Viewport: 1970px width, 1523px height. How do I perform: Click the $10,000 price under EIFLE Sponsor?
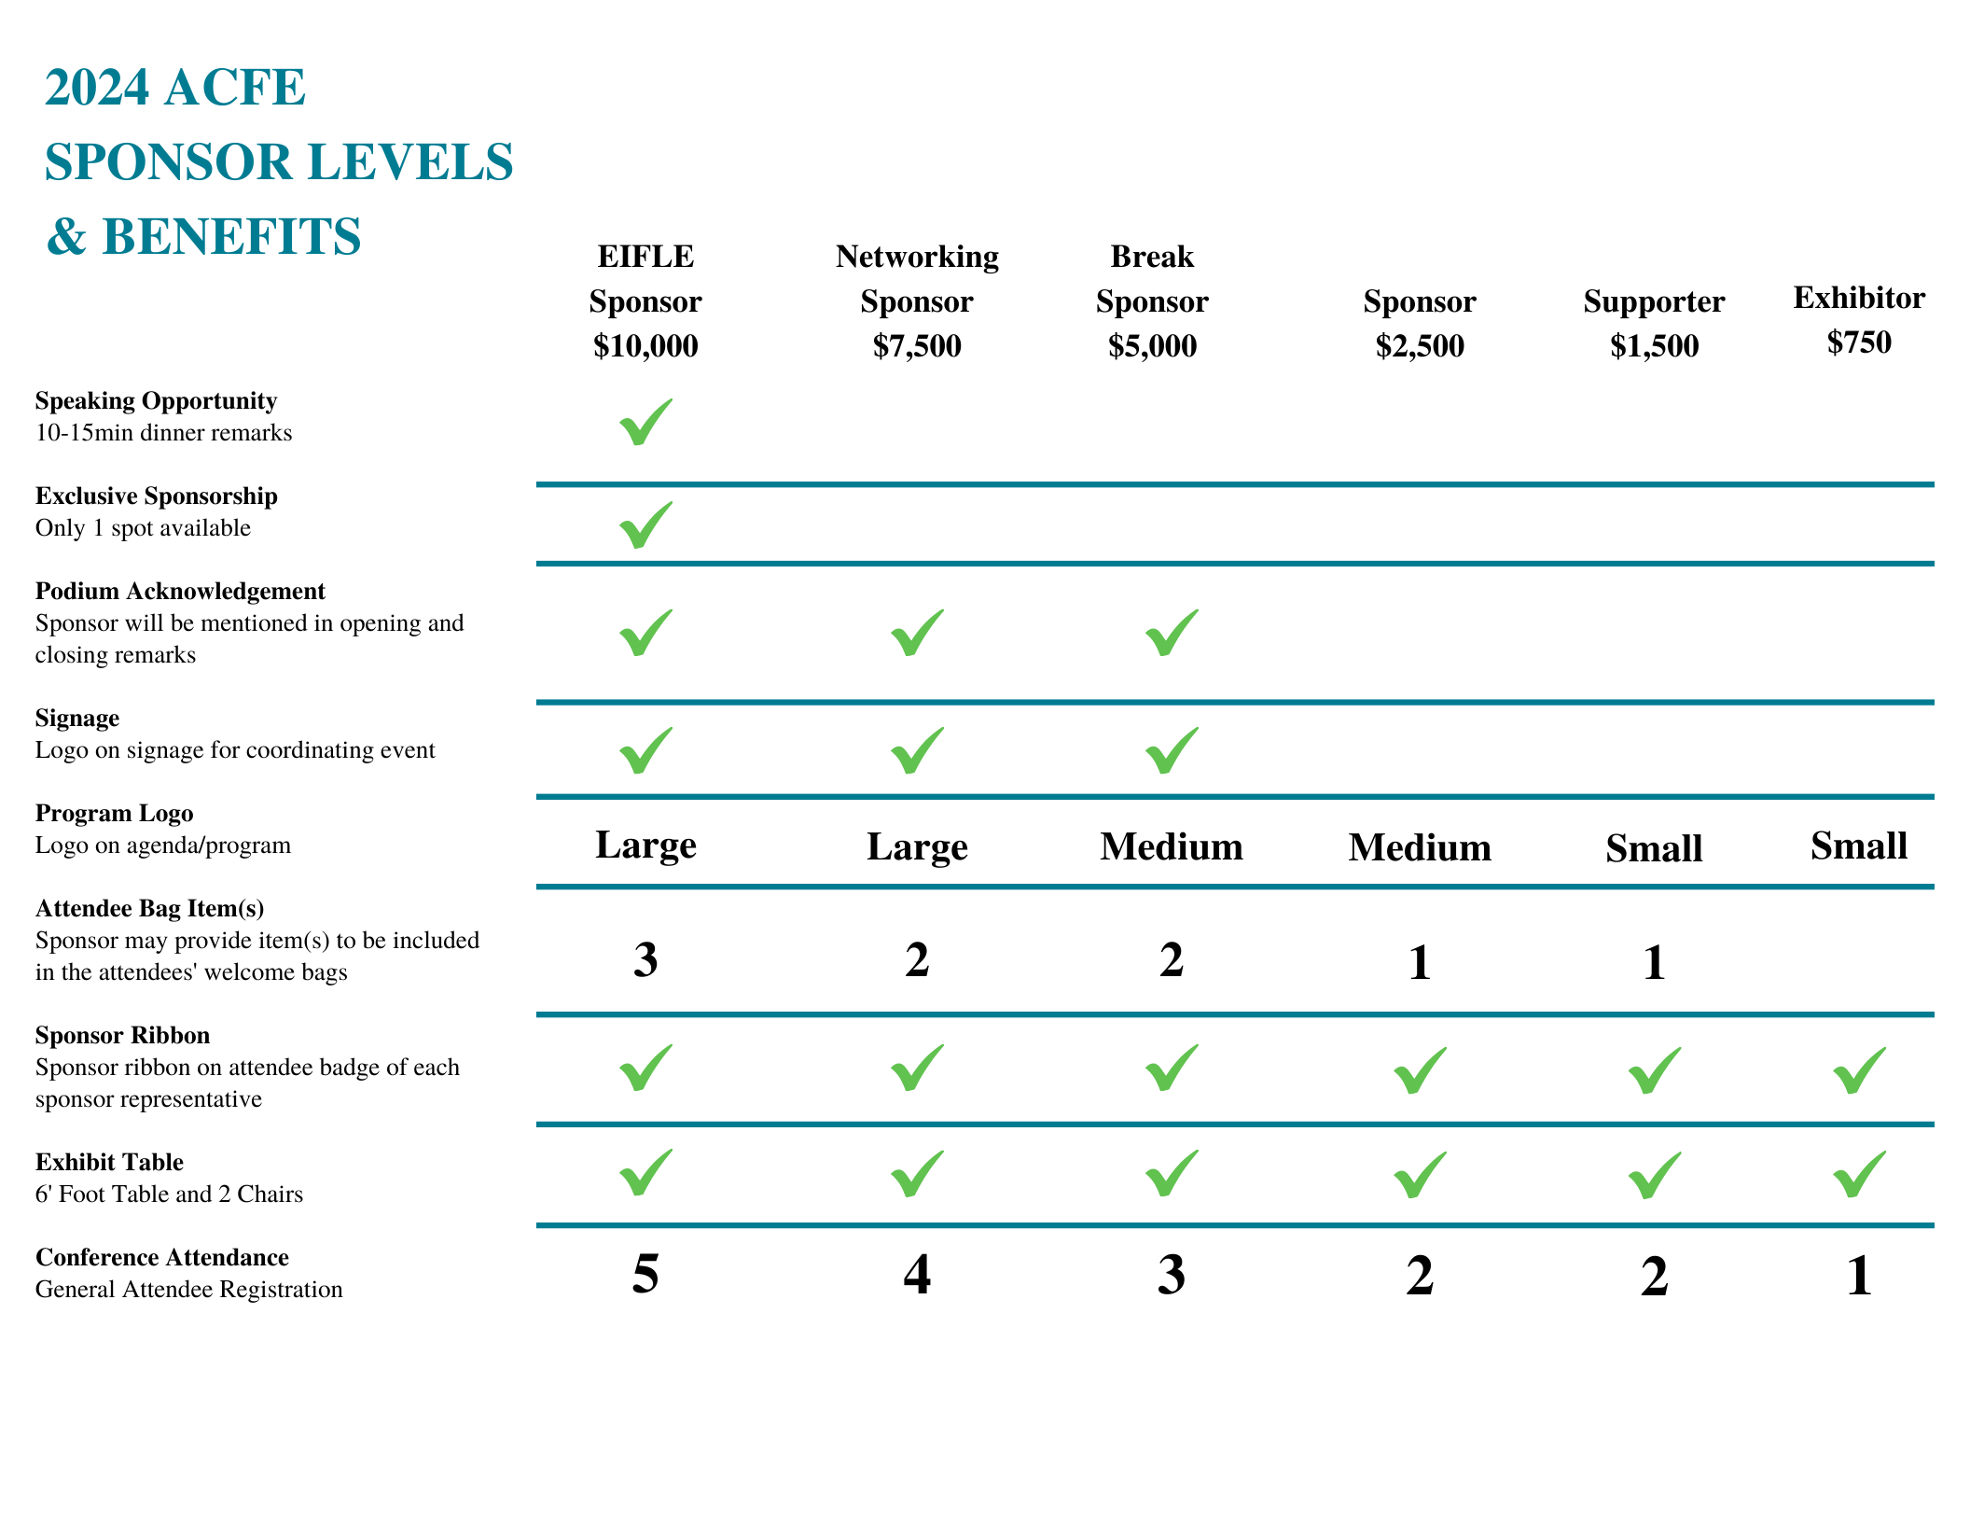pyautogui.click(x=645, y=346)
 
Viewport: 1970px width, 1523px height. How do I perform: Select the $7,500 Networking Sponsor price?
pyautogui.click(x=917, y=346)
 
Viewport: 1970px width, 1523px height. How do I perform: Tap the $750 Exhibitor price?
pyautogui.click(x=1859, y=342)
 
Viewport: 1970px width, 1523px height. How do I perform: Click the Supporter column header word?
pyautogui.click(x=1654, y=301)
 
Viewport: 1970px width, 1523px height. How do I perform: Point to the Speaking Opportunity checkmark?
pyautogui.click(x=645, y=422)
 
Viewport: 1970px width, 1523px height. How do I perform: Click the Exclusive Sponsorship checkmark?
pyautogui.click(x=645, y=524)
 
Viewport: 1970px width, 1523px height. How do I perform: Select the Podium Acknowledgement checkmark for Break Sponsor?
pyautogui.click(x=1172, y=633)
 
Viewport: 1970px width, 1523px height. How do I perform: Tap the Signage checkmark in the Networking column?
pyautogui.click(x=917, y=750)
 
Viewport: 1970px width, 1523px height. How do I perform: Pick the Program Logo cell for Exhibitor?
pyautogui.click(x=1859, y=845)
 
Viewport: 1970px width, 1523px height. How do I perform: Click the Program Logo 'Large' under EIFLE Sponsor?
pyautogui.click(x=645, y=845)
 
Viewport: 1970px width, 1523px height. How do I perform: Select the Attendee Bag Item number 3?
pyautogui.click(x=645, y=959)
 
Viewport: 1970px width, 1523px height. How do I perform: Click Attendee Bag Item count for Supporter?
pyautogui.click(x=1654, y=962)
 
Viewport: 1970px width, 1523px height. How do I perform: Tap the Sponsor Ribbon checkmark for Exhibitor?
pyautogui.click(x=1859, y=1070)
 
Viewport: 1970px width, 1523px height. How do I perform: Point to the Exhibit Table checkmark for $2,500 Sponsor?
pyautogui.click(x=1420, y=1174)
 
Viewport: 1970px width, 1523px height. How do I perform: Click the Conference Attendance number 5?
pyautogui.click(x=645, y=1274)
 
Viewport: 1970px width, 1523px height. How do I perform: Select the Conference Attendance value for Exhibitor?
pyautogui.click(x=1859, y=1276)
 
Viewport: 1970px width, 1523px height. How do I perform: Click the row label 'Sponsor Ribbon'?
pyautogui.click(x=122, y=1035)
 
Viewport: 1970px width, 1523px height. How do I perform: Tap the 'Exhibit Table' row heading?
pyautogui.click(x=109, y=1162)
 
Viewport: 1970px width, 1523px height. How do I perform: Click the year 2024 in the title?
pyautogui.click(x=97, y=88)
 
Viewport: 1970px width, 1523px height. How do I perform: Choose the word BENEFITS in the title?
pyautogui.click(x=231, y=236)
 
